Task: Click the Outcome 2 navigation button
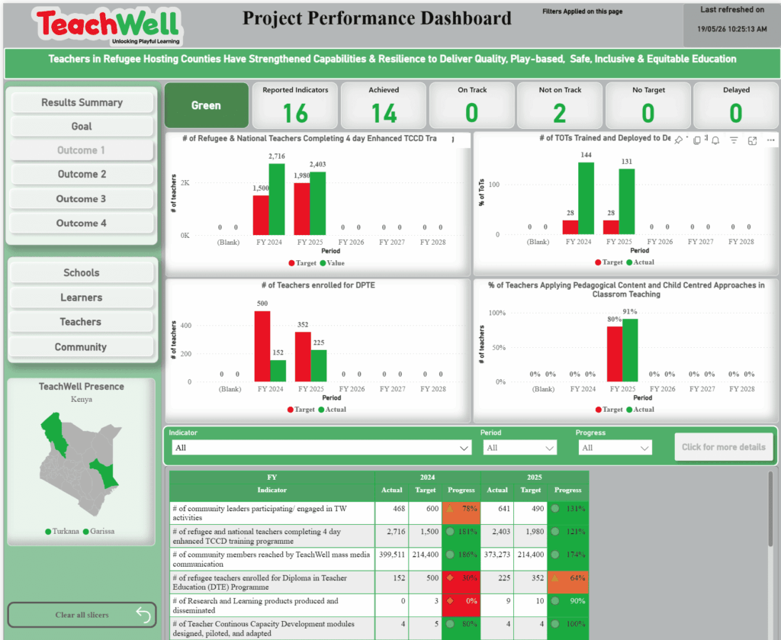click(82, 175)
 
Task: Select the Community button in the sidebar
click(81, 347)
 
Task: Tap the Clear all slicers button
click(82, 615)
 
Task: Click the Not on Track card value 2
click(560, 113)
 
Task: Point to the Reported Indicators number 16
click(295, 113)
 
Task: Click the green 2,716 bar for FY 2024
click(277, 199)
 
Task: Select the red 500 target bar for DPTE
click(262, 346)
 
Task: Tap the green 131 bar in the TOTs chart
click(627, 201)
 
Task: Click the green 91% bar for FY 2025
click(630, 350)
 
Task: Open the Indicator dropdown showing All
click(322, 448)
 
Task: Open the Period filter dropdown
click(519, 448)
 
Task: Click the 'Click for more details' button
click(724, 447)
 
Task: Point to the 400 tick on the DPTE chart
click(186, 326)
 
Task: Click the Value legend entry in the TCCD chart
click(333, 263)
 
